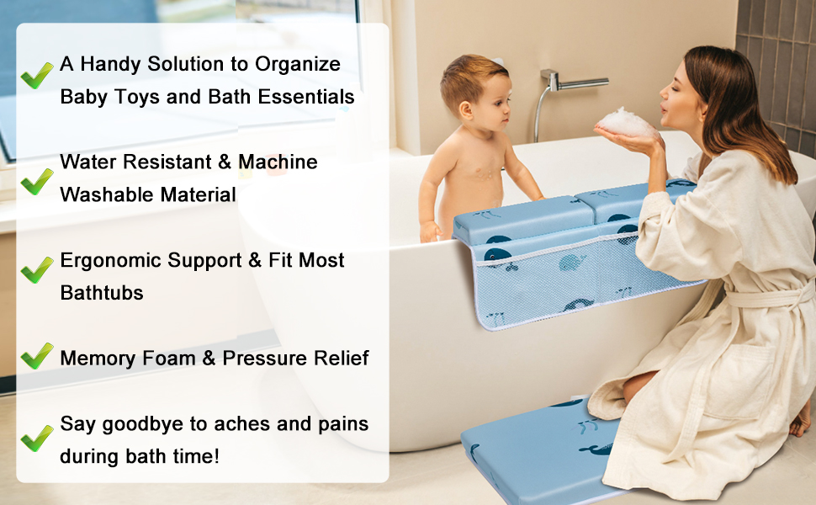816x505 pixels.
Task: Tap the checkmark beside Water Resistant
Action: tap(36, 179)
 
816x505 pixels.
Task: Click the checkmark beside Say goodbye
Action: tap(36, 437)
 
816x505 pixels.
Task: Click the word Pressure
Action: tap(263, 358)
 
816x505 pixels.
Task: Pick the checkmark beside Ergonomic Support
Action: tap(36, 269)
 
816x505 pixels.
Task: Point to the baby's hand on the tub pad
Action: tap(430, 230)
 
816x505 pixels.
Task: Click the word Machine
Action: tap(278, 162)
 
